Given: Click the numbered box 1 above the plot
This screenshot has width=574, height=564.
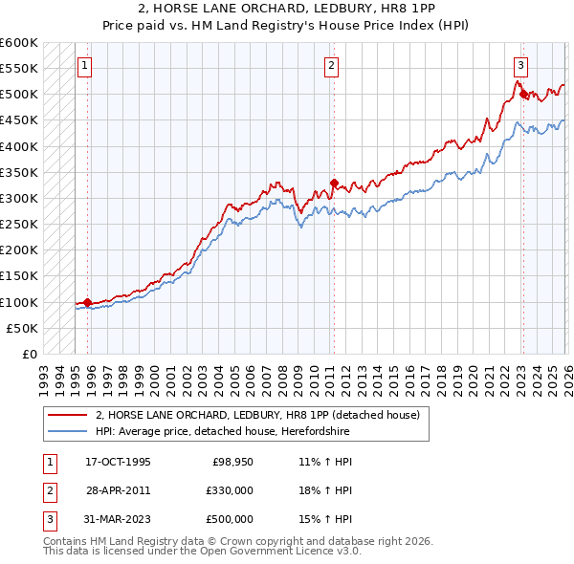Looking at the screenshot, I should (x=85, y=66).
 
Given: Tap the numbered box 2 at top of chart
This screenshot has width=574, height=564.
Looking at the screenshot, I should (x=331, y=66).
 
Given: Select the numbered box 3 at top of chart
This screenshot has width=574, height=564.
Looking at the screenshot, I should (x=520, y=66).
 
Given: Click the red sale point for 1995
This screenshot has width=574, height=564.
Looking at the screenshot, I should (x=87, y=303).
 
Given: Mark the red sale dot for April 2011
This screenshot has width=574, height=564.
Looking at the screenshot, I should (x=333, y=183).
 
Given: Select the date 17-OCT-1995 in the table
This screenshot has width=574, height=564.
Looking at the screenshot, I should (x=118, y=462).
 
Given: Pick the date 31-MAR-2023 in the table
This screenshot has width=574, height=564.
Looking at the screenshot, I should (x=118, y=519).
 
